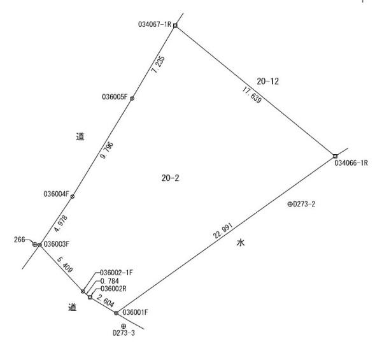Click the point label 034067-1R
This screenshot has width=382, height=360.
[x=155, y=24]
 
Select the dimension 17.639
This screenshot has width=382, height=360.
[x=252, y=95]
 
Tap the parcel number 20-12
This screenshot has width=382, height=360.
[x=268, y=81]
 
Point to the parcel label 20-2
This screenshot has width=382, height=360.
[x=170, y=178]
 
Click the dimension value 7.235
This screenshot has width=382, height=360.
[x=158, y=64]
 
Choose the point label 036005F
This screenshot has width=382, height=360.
[x=115, y=97]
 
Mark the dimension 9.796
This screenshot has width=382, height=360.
[x=107, y=150]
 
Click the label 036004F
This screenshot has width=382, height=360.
[x=56, y=194]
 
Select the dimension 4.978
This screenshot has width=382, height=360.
[x=60, y=223]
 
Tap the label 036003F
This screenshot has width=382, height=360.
[x=57, y=244]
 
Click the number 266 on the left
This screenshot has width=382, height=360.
[x=20, y=240]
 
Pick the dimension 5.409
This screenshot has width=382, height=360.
[x=65, y=264]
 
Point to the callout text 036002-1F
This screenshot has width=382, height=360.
[x=117, y=273]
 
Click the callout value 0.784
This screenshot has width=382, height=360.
[x=110, y=281]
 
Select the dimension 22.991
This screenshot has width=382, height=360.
[x=223, y=231]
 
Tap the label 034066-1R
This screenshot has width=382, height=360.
[x=351, y=163]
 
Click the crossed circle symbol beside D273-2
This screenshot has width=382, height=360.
[x=290, y=205]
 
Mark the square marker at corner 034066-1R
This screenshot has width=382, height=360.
[x=336, y=156]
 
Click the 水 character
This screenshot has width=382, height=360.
[x=241, y=243]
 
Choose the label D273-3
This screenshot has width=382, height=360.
[x=124, y=333]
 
